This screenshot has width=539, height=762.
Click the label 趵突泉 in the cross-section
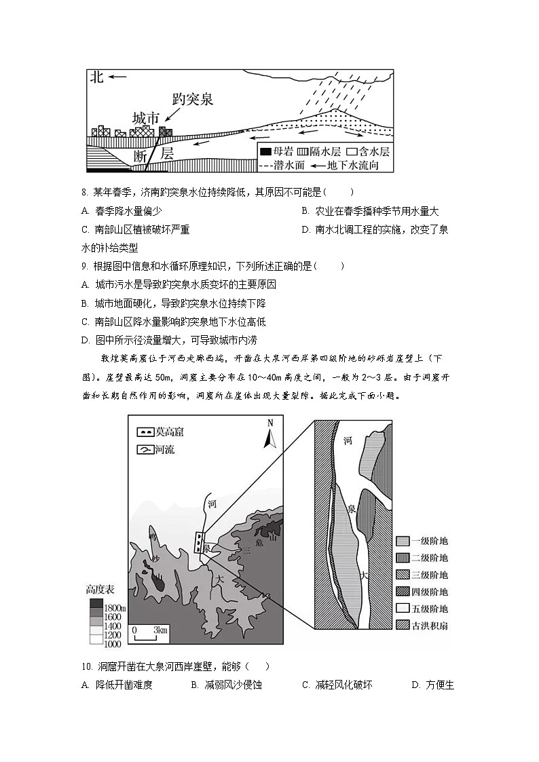pyautogui.click(x=193, y=99)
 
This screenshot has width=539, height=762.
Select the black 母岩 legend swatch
pyautogui.click(x=267, y=152)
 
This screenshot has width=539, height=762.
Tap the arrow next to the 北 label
pyautogui.click(x=117, y=77)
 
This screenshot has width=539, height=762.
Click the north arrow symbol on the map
pyautogui.click(x=269, y=435)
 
